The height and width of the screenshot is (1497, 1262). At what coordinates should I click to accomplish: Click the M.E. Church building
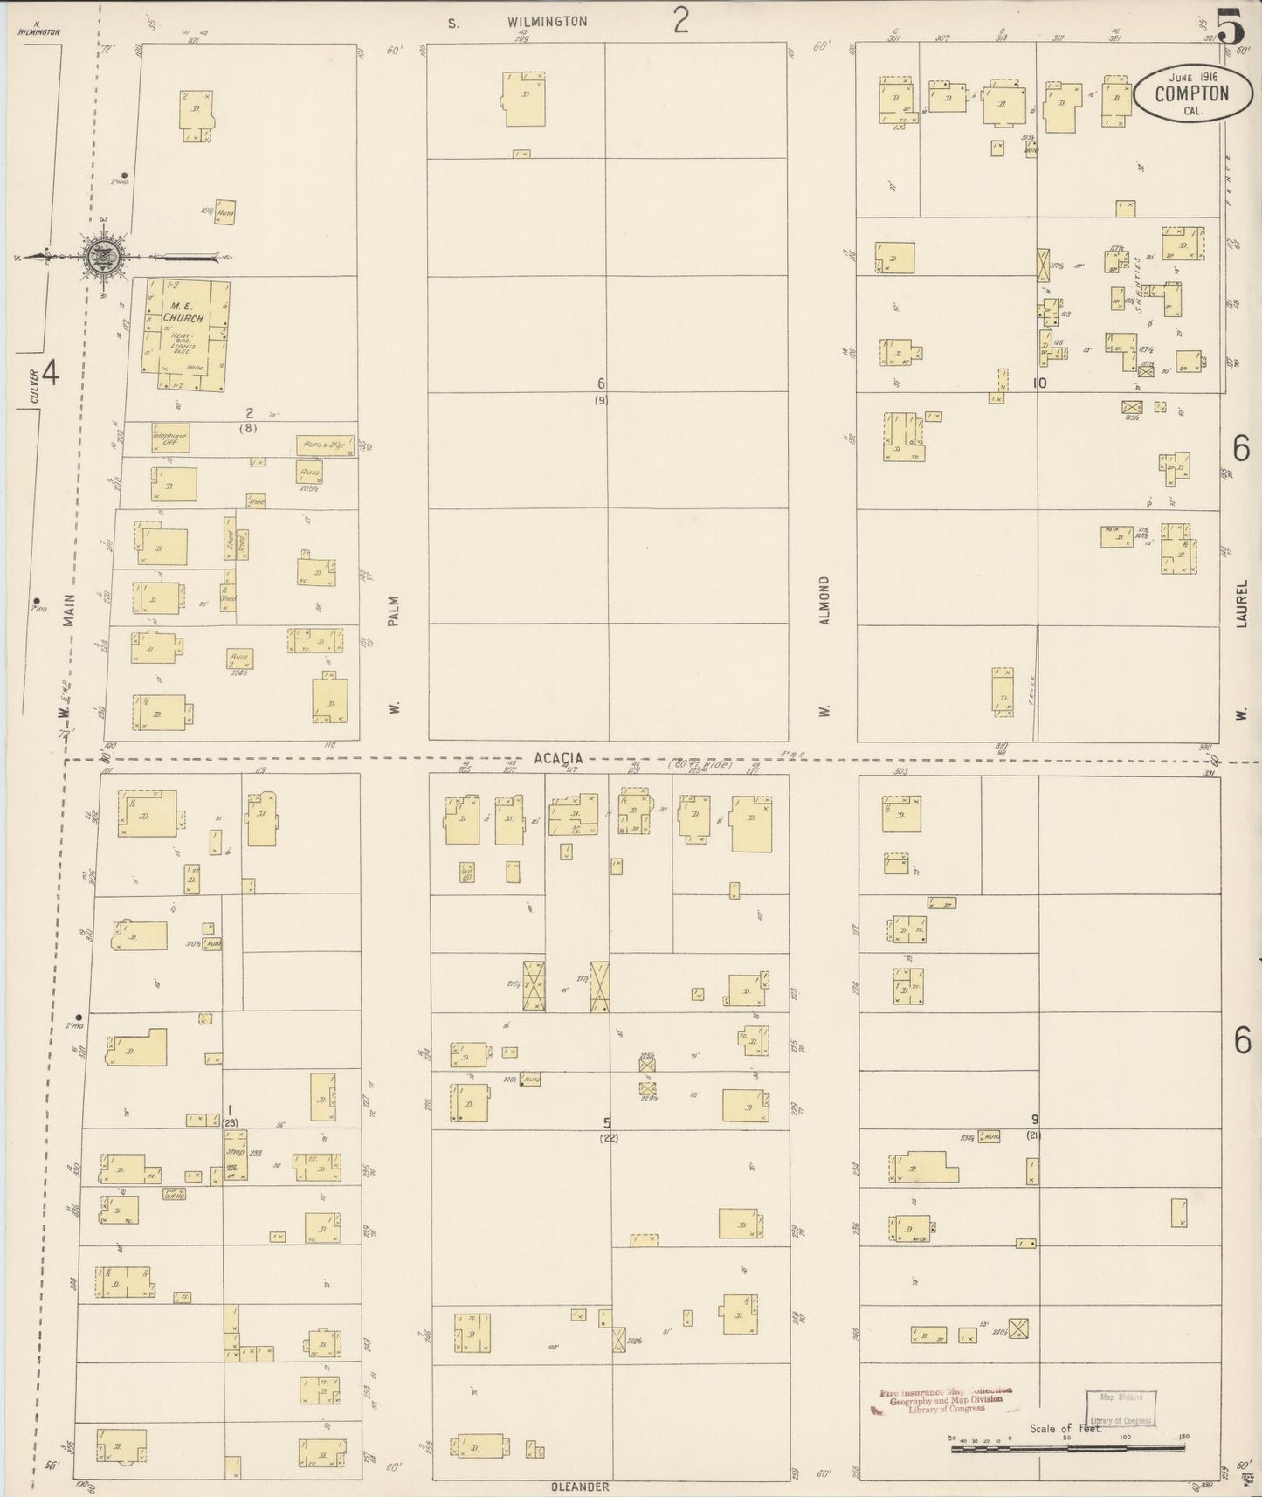click(x=186, y=332)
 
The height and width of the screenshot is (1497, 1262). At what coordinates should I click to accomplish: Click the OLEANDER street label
click(x=579, y=1487)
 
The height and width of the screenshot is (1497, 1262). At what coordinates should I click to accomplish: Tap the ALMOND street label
click(x=824, y=600)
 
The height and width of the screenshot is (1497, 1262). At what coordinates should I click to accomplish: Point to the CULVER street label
click(x=34, y=388)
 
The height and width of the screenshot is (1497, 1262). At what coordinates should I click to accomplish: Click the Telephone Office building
click(x=169, y=438)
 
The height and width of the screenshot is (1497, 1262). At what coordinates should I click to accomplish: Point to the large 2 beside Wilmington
click(x=680, y=19)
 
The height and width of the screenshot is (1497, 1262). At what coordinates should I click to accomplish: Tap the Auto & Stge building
click(x=326, y=445)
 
